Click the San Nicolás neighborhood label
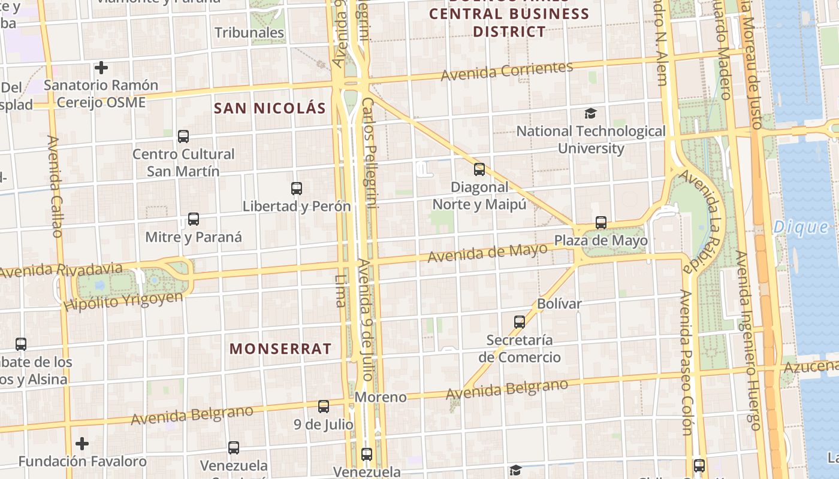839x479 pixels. pos(270,108)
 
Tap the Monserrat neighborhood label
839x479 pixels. pos(280,349)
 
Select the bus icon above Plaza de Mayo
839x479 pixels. pos(601,223)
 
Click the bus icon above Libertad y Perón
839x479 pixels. pos(297,189)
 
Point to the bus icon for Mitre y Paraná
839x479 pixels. pos(193,219)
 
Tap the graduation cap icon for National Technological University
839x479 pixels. pos(591,113)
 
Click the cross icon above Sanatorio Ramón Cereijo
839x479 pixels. pos(101,68)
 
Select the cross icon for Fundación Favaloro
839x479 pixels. pos(82,444)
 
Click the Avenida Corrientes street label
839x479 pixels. pos(507,71)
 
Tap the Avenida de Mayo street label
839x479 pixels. pos(487,253)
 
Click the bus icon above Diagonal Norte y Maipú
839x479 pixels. pos(479,169)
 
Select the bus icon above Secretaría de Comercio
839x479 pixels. pos(520,322)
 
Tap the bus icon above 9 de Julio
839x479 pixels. pos(324,407)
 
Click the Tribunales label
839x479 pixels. pos(249,32)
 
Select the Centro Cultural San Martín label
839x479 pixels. pos(183,162)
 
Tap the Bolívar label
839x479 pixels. pos(559,304)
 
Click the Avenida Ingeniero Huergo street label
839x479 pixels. pos(747,340)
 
